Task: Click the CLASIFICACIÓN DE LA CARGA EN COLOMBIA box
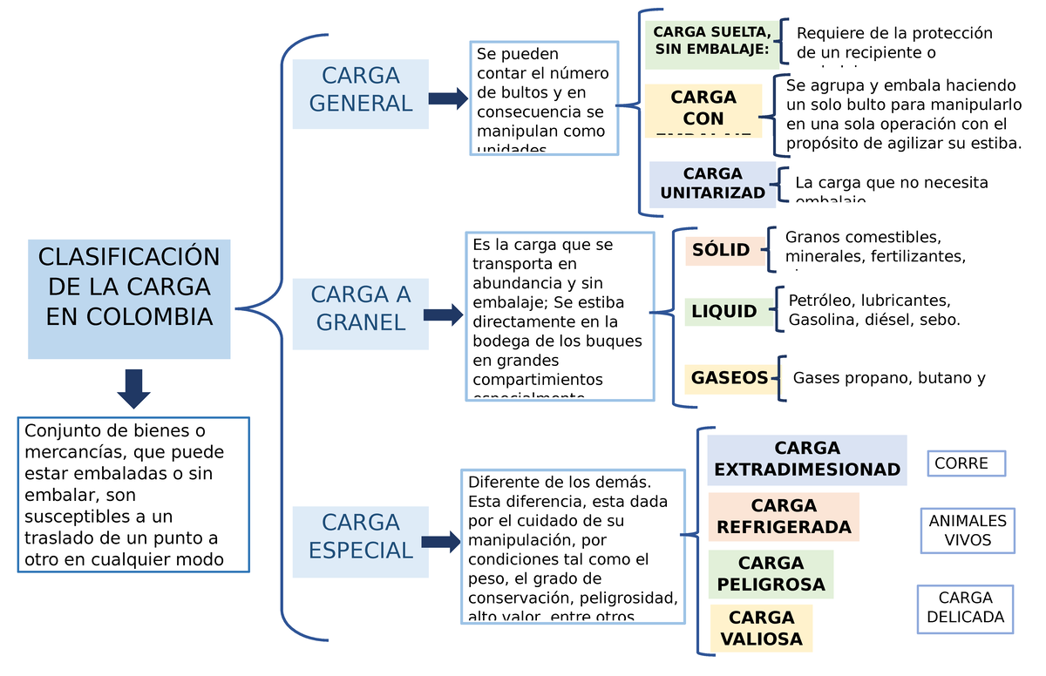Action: [x=129, y=299]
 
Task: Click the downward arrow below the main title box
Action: [x=133, y=389]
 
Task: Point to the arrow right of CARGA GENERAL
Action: [x=448, y=98]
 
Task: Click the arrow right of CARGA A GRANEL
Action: [x=444, y=315]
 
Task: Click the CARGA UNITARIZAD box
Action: [x=712, y=184]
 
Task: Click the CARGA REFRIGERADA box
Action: [x=783, y=517]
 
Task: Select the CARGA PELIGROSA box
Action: [x=771, y=574]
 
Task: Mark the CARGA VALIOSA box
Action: [x=761, y=628]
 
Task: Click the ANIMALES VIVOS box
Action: [x=968, y=531]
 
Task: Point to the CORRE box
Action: [x=966, y=463]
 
